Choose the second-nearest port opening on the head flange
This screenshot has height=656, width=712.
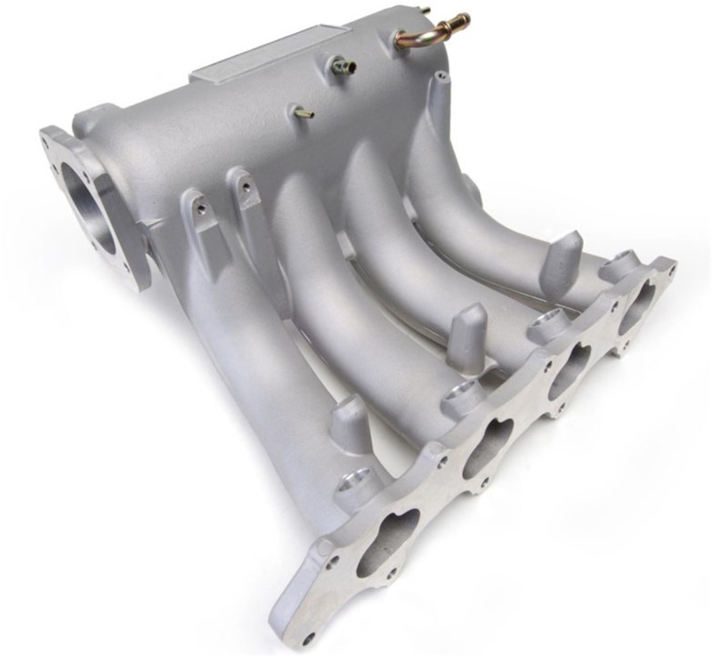(x=486, y=444)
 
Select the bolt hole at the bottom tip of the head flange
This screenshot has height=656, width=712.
(x=309, y=637)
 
